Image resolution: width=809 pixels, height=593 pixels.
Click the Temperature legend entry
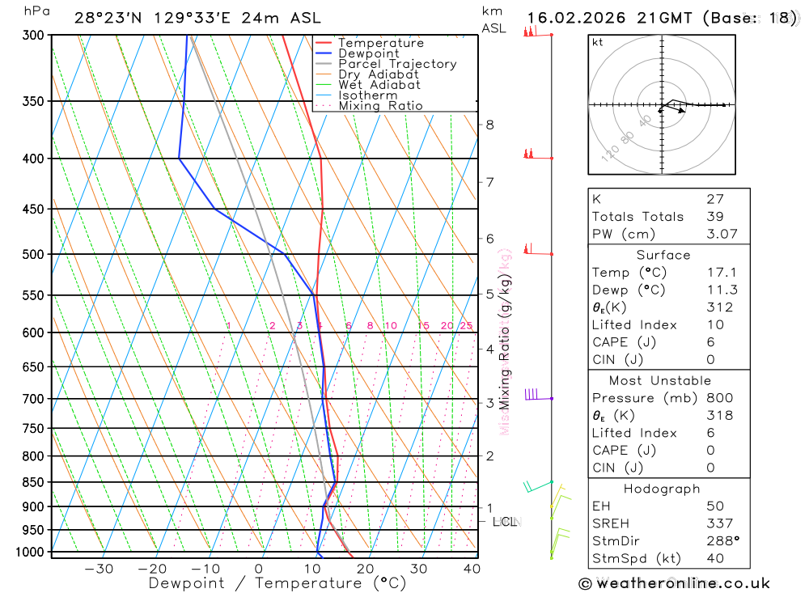(x=380, y=43)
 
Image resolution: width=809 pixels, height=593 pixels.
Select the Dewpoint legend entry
(x=368, y=53)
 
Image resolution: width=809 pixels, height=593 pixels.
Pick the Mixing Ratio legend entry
(x=380, y=106)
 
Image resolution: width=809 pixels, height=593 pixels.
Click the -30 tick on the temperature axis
(x=99, y=569)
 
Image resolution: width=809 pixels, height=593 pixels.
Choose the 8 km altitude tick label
(x=489, y=125)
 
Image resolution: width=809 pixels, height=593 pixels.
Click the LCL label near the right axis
(x=505, y=522)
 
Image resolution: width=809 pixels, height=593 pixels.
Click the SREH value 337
(x=719, y=523)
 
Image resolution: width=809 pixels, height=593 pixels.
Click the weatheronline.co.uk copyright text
(x=674, y=582)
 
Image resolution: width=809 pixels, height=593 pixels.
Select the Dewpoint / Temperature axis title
(x=277, y=582)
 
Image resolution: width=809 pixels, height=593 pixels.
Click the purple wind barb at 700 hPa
(x=532, y=395)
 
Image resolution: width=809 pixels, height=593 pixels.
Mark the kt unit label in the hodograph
(x=597, y=42)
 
